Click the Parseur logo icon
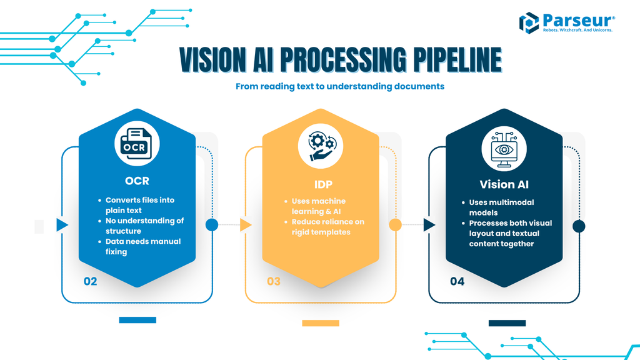[529, 22]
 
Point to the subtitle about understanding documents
[339, 86]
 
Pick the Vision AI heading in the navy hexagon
[504, 184]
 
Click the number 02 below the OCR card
[91, 281]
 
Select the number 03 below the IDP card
[274, 281]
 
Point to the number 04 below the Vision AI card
[457, 281]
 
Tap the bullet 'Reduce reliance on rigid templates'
[327, 227]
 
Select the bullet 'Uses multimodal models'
[501, 207]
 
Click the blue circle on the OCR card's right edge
[212, 225]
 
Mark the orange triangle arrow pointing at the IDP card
[246, 225]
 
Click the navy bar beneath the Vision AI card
[507, 323]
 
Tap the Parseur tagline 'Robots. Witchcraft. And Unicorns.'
[577, 29]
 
